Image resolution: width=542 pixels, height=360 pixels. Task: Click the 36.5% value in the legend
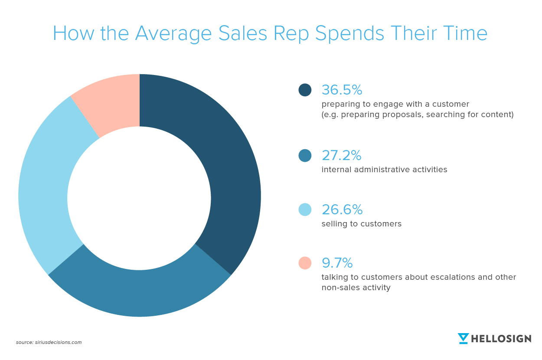coord(342,90)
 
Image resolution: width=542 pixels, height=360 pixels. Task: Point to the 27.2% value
coord(342,155)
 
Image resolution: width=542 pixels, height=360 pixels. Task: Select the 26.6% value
coord(342,209)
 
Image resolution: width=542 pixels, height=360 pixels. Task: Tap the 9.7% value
coord(337,263)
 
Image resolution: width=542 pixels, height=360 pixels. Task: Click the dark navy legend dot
coord(305,90)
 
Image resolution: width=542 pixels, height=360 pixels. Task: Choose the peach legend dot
coord(305,263)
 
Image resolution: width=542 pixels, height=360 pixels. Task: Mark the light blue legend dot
coord(305,209)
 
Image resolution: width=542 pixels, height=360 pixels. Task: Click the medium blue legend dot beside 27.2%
coord(305,155)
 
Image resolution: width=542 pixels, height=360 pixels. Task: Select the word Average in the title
coord(173,33)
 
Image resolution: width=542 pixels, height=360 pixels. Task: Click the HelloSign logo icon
coord(464,338)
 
